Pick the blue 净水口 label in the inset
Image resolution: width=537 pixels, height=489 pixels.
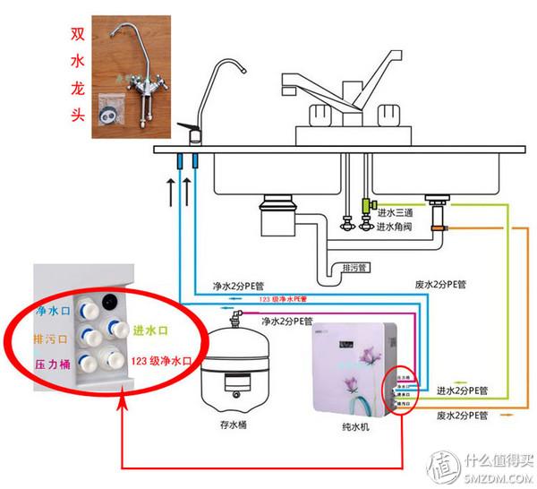pyautogui.click(x=53, y=312)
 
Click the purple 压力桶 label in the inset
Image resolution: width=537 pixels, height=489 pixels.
pyautogui.click(x=53, y=365)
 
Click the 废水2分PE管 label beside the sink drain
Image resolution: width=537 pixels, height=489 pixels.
pyautogui.click(x=445, y=284)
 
